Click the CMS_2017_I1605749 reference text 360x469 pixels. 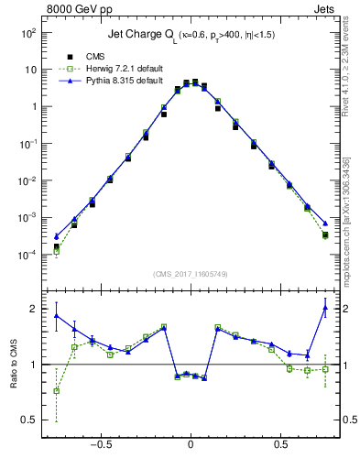[191, 274]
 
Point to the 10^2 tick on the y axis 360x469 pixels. [30, 32]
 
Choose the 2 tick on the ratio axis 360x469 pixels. [34, 309]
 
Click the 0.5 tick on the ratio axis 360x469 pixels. [30, 420]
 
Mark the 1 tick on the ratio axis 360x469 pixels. [34, 365]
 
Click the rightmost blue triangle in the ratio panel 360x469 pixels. [325, 308]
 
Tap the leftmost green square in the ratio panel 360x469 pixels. [57, 390]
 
